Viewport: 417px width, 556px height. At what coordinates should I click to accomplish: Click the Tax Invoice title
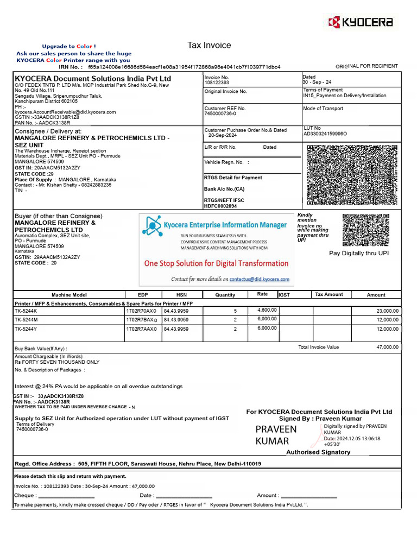209,45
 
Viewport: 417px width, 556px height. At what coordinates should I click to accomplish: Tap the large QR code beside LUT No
353,175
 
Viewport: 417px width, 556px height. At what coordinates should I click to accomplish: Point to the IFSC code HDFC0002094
220,206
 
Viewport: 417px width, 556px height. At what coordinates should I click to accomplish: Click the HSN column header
181,295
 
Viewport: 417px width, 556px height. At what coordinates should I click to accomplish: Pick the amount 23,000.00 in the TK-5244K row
387,311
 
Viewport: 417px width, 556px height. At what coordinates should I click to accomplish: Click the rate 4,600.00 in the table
267,310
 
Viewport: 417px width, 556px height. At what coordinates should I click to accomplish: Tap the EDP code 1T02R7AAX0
141,329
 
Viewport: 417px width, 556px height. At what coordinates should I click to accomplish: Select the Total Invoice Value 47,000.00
387,347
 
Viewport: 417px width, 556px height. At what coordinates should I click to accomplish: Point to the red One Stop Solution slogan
216,263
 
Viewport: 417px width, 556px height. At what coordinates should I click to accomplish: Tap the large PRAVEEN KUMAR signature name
276,435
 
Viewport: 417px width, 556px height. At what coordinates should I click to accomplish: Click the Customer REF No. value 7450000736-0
220,114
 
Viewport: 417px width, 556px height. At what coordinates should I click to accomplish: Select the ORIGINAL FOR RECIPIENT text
367,66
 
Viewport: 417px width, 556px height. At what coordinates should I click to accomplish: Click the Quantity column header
225,295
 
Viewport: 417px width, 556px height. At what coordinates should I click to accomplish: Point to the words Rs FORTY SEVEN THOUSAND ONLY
57,362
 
